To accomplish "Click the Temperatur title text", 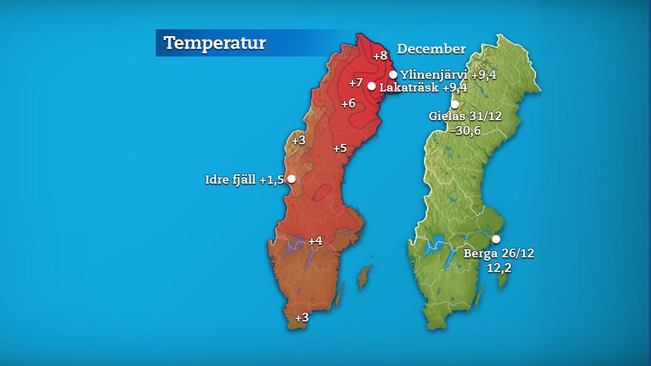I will pos(215,43).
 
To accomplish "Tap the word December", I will pos(431,49).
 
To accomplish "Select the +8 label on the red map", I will pos(380,56).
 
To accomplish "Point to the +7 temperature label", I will pos(356,83).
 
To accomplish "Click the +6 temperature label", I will pos(348,104).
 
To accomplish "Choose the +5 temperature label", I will pos(339,148).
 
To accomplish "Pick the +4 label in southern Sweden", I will pos(315,241).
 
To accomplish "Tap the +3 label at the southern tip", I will pos(301,317).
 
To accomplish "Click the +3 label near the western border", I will pos(299,140).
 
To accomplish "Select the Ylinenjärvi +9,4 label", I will pos(448,75).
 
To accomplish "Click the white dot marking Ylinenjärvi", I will pos(393,74).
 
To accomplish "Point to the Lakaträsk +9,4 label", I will pos(423,87).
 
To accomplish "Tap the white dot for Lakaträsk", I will pos(371,86).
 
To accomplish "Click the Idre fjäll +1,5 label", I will pos(245,179).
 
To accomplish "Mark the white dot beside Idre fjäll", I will pos(291,178).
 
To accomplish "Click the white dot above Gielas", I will pos(455,104).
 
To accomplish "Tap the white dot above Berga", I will pos(496,239).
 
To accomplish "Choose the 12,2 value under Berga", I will pos(498,268).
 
